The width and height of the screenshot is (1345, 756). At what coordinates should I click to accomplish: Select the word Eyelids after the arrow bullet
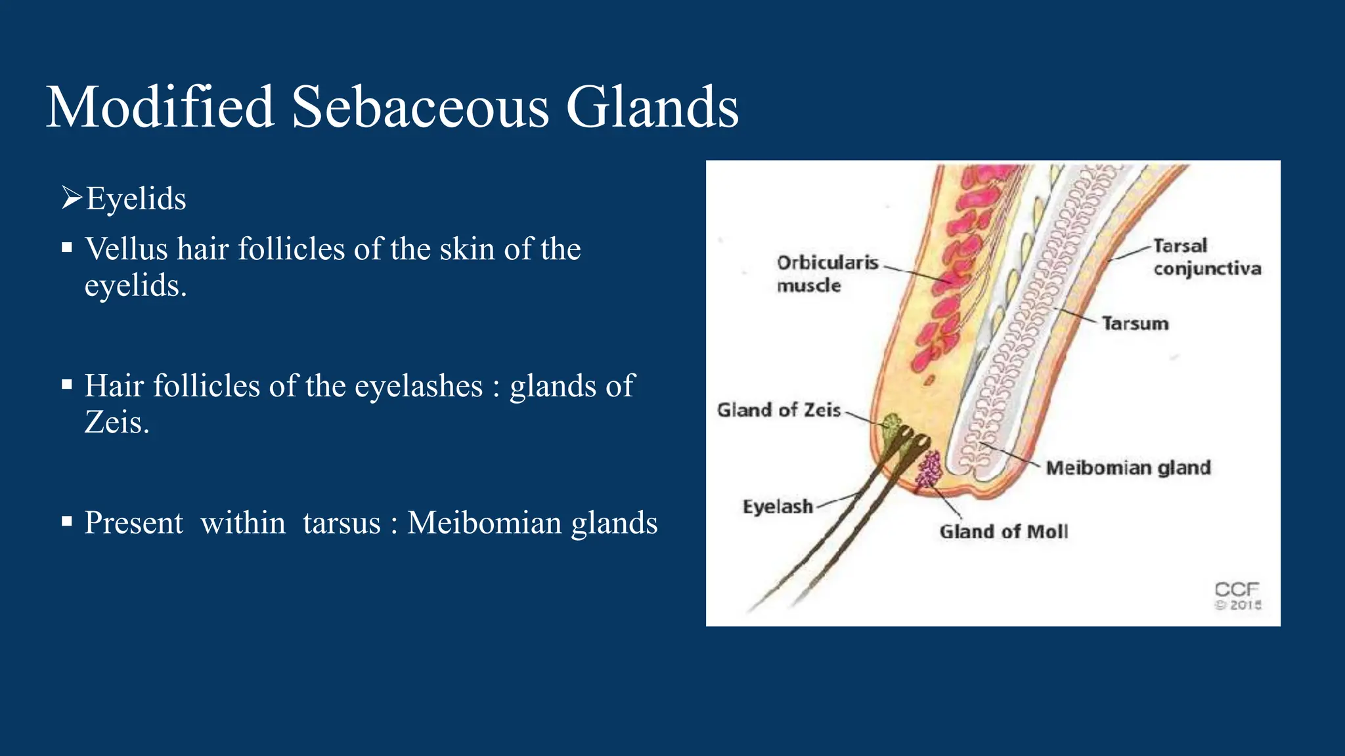[136, 199]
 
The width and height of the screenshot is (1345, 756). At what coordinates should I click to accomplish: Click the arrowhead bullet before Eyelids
[72, 197]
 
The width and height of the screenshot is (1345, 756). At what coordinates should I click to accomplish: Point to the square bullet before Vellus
[66, 248]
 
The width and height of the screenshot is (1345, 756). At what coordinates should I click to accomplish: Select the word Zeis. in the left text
[117, 422]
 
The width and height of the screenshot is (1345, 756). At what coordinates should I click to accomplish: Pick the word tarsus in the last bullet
[342, 523]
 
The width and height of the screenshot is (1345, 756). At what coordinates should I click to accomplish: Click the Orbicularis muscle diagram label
[827, 274]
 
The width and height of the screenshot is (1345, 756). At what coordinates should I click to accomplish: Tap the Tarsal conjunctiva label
[1206, 257]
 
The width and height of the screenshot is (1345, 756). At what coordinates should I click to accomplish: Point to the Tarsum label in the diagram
[1135, 324]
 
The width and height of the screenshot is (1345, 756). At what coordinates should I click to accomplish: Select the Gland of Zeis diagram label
[778, 410]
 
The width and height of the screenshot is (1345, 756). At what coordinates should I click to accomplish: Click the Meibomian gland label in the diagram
[1128, 468]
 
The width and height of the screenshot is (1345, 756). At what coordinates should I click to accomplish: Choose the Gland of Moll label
[1003, 532]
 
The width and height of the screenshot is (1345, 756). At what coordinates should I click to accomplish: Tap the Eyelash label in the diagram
[778, 507]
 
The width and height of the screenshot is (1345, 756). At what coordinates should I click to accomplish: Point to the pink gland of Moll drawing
[929, 470]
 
